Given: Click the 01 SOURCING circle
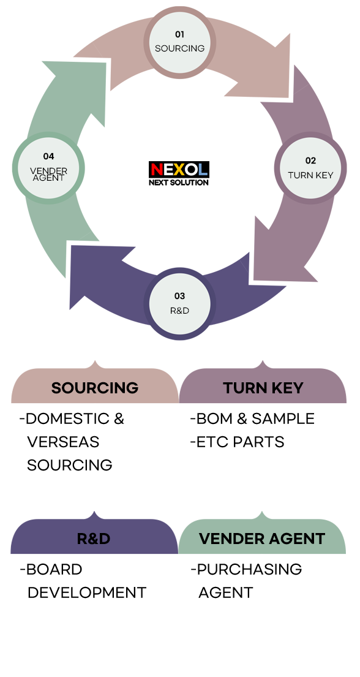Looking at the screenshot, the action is click(179, 42).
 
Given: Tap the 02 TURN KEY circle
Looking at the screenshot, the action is click(310, 168).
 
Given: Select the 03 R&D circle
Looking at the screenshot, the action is click(179, 303).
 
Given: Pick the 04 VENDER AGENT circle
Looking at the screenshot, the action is click(48, 168).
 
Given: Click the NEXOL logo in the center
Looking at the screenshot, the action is click(179, 173).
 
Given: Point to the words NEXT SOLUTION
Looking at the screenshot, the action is click(179, 182).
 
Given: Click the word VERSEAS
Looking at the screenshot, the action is click(63, 442).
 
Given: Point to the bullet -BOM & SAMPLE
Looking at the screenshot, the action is click(252, 419).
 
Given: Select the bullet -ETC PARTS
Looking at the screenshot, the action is click(238, 442).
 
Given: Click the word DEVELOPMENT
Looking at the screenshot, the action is click(87, 593).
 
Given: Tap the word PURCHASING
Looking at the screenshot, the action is click(250, 570).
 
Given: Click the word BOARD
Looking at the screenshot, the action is click(54, 570).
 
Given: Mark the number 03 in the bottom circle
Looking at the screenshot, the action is click(179, 296).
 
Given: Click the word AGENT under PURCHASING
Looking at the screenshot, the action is click(226, 593).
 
